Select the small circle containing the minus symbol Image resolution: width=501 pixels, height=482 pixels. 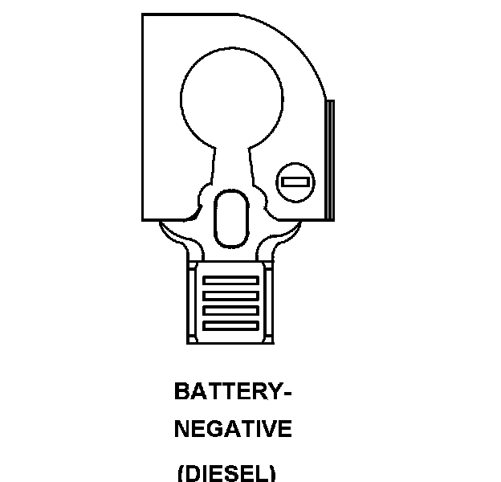295,182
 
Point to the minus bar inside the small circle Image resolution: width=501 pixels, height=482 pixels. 295,182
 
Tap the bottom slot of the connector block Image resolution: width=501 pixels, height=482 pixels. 231,325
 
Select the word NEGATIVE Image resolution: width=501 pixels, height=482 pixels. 233,430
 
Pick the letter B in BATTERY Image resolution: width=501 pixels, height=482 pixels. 181,392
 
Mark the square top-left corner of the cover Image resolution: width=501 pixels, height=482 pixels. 145,16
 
